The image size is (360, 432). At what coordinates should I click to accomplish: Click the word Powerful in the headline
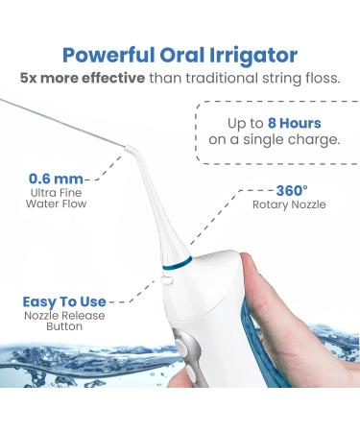tap(108, 56)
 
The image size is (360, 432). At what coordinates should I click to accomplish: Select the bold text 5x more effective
tap(83, 78)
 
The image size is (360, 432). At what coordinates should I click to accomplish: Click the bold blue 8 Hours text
tap(294, 123)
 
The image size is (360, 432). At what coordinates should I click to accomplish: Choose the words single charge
tap(291, 140)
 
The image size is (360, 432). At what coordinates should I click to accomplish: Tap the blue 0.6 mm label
tap(56, 179)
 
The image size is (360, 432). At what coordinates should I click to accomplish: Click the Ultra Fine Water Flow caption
tap(56, 199)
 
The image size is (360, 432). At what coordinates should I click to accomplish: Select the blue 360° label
tap(292, 191)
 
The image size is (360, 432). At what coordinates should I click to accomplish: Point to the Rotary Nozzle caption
tap(289, 204)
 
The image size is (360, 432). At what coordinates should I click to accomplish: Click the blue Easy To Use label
tap(64, 301)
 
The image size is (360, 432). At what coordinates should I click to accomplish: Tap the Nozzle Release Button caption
tap(64, 321)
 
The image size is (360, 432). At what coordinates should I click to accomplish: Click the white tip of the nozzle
tap(129, 149)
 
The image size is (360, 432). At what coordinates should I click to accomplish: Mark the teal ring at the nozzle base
tap(178, 263)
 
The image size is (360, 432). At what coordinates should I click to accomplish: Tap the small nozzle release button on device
tap(167, 280)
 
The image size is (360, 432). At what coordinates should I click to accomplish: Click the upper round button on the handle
tap(181, 346)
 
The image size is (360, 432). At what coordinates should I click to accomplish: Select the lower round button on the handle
tap(192, 373)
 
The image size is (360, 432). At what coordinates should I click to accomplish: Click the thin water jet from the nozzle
tap(62, 123)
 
